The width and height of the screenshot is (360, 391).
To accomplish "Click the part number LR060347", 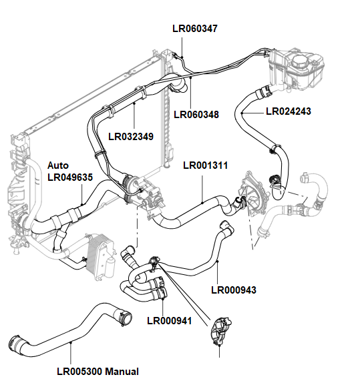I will coord(194,28).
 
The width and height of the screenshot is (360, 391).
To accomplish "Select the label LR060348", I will coord(196,114).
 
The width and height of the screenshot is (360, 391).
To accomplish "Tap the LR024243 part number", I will coord(289,111).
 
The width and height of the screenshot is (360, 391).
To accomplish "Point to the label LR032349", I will coord(131,136).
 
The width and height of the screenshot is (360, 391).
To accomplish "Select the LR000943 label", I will coord(234,290).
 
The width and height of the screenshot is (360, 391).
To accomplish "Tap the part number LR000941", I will coord(170,320).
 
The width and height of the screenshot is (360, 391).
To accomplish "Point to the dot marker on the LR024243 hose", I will coord(243,115).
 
